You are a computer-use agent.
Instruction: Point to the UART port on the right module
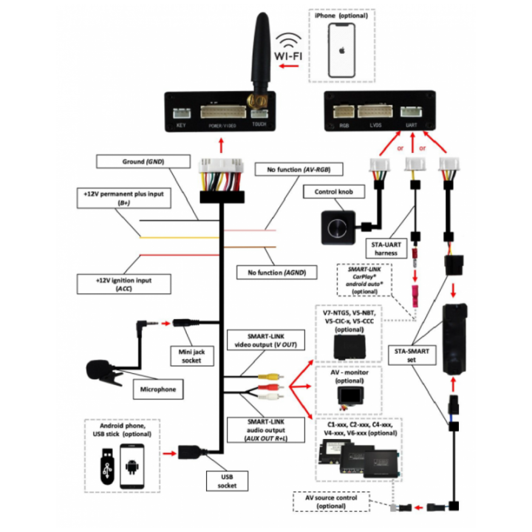(411, 115)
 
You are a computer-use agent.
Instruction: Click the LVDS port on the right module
(376, 115)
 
